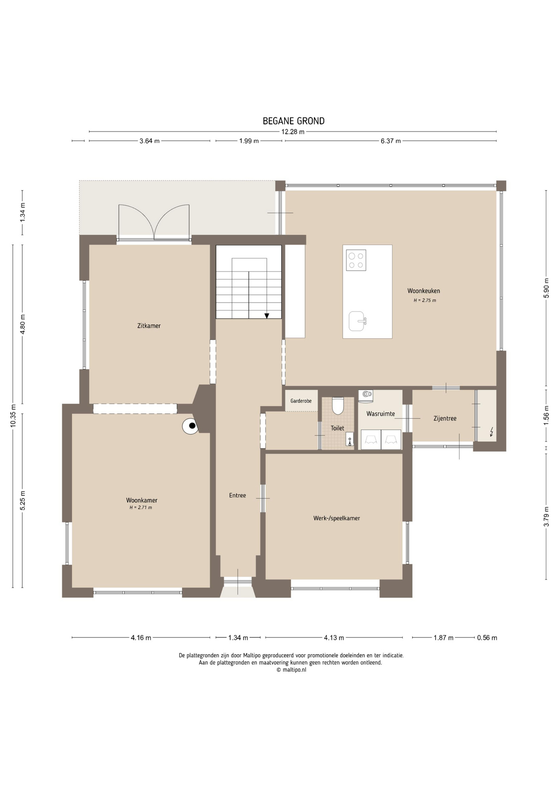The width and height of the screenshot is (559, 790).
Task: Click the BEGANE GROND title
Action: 293,121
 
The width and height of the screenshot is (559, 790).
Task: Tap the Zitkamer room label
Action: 149,326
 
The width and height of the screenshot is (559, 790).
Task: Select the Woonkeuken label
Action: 424,291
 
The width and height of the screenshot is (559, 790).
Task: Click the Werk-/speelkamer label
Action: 337,518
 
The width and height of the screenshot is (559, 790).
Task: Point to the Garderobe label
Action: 301,401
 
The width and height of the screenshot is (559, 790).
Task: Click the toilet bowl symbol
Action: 338,406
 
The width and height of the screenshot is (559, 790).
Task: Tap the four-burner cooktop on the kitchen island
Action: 356,260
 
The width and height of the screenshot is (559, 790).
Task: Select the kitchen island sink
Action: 357,321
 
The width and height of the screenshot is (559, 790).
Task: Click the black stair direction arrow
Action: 267,316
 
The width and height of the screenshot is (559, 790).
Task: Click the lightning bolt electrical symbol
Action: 491,432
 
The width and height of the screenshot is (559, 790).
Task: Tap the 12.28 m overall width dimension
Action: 293,132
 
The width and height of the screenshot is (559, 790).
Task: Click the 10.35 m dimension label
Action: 13,416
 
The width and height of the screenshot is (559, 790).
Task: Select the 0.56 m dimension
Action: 487,638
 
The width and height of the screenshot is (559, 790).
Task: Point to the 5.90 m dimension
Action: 546,288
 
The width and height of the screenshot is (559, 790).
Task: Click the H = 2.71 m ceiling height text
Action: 141,508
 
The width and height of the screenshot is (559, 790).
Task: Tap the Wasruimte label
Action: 381,414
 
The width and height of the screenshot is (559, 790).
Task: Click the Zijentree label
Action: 445,418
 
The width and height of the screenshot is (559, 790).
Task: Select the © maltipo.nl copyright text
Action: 291,669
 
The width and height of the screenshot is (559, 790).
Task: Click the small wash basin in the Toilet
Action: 349,439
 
